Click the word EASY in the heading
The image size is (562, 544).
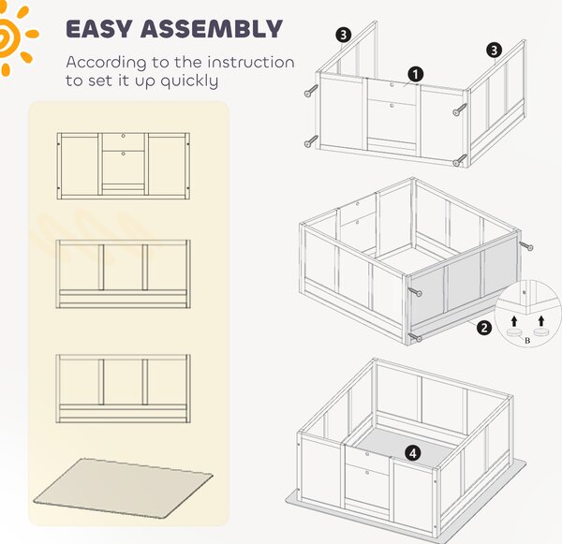(99, 29)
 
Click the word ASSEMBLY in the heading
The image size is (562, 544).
(212, 29)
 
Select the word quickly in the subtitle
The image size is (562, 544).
(189, 81)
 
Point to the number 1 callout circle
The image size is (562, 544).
(415, 75)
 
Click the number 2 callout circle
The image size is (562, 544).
(484, 328)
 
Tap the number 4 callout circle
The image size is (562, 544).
(413, 453)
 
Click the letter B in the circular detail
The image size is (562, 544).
(527, 341)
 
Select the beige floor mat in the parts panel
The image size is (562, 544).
(123, 488)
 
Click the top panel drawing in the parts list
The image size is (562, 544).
(124, 166)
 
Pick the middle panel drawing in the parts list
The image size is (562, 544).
(124, 274)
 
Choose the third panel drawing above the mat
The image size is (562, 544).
(124, 389)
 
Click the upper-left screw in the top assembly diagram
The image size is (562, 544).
(311, 91)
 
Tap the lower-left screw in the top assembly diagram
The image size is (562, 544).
(311, 141)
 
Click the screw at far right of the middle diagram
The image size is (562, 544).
(525, 246)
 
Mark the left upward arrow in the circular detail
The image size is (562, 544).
(514, 321)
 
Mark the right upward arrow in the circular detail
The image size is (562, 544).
(541, 321)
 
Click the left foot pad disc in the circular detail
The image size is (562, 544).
(515, 333)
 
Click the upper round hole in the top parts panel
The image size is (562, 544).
(124, 136)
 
